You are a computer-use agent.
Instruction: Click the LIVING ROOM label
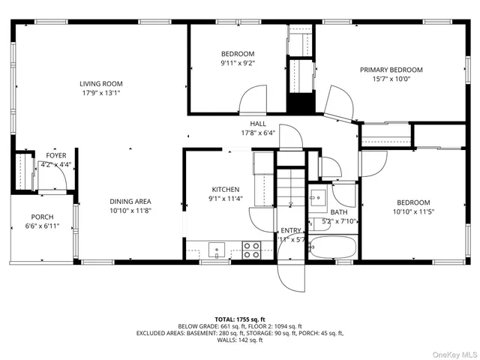click(101, 83)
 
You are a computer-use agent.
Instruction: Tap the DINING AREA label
click(130, 201)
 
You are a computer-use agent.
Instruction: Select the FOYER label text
click(56, 155)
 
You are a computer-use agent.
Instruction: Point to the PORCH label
click(42, 216)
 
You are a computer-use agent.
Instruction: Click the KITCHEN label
click(225, 190)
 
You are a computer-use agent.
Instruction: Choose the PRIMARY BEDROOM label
click(391, 70)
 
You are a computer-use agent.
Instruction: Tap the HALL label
click(258, 124)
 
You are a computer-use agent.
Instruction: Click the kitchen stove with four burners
click(252, 250)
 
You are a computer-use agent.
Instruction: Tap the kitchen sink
click(216, 249)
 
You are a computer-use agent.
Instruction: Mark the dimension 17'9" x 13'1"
click(101, 93)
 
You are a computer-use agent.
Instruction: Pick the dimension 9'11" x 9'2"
click(237, 63)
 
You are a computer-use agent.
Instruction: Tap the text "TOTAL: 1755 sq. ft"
click(239, 319)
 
